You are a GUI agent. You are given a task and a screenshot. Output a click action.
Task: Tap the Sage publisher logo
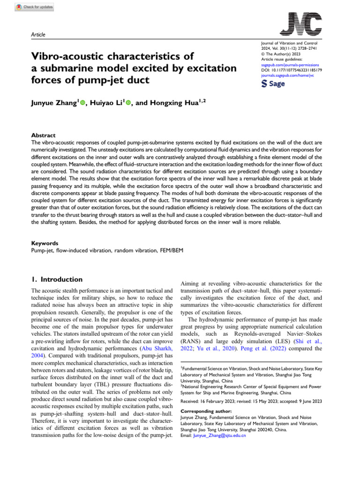(273, 83)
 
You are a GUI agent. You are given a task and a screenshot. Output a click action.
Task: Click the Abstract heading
(43, 135)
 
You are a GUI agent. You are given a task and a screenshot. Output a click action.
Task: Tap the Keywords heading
(45, 243)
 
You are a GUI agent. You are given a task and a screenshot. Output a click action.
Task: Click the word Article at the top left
(37, 35)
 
